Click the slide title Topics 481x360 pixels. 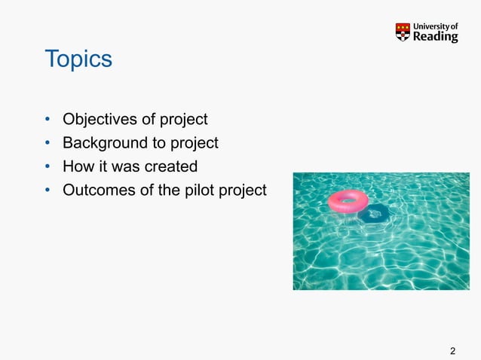(78, 59)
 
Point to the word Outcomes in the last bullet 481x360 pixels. (96, 190)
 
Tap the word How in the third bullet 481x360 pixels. (76, 166)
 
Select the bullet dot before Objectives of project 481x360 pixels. (47, 120)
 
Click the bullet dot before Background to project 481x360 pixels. (47, 143)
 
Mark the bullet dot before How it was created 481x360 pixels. (47, 166)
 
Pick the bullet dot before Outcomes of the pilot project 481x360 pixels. (47, 191)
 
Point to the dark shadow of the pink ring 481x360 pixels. (374, 214)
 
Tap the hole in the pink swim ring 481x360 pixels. (348, 200)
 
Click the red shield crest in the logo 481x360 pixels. (403, 32)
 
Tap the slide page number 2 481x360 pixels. (452, 351)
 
